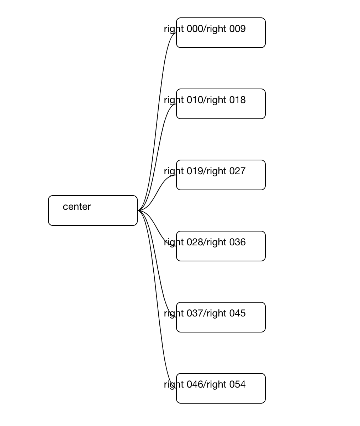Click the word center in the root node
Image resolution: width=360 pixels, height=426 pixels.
[77, 207]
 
